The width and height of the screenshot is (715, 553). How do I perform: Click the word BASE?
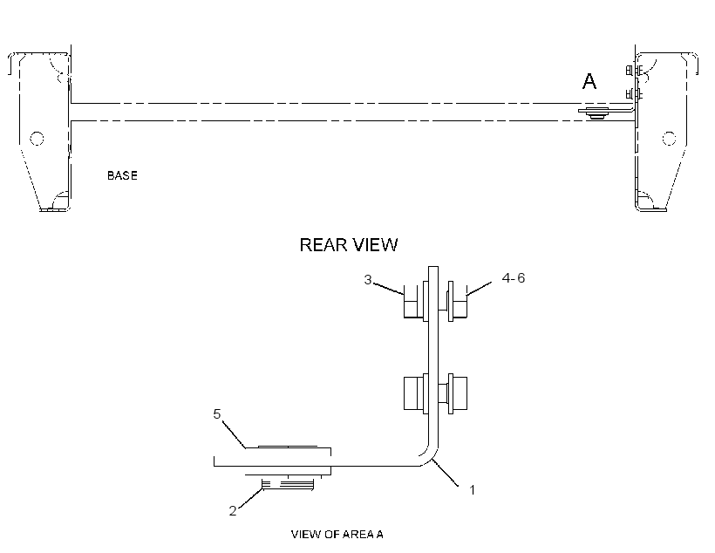[x=122, y=175]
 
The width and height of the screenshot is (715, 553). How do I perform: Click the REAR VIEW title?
[x=349, y=245]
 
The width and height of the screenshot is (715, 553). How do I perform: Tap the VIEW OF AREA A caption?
[x=337, y=534]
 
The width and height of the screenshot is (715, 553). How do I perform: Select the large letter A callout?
[x=589, y=82]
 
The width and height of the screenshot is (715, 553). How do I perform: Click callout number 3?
[x=368, y=279]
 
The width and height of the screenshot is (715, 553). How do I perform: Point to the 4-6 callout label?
[x=514, y=278]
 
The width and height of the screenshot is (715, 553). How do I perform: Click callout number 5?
[x=217, y=413]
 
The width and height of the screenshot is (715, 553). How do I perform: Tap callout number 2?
[x=233, y=511]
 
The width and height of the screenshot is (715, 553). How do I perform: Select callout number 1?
[x=473, y=489]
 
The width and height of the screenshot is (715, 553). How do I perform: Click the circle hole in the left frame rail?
[x=37, y=138]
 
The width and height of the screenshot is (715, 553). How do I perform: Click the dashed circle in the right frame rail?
[x=669, y=138]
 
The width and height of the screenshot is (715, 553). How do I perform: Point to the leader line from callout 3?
[x=389, y=289]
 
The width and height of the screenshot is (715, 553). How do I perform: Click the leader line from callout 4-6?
[x=479, y=289]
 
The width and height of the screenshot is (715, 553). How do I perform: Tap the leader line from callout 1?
[x=446, y=473]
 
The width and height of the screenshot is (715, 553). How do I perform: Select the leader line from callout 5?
[x=235, y=434]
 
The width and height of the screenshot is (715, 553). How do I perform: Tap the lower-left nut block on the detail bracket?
[x=416, y=393]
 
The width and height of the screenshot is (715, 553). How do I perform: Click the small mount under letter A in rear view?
[x=594, y=113]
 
